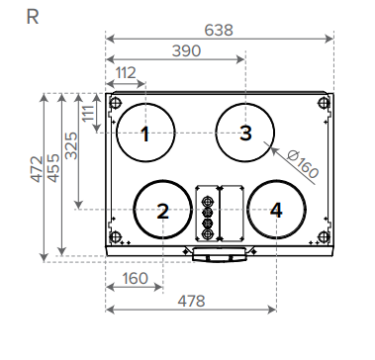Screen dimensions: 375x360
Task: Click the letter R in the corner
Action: coord(33,17)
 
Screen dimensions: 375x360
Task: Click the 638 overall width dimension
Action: coord(219,31)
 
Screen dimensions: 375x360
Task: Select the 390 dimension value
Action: coord(186,51)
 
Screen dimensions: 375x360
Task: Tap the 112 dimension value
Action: coord(126,73)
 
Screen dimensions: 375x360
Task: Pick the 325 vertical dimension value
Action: coord(71,145)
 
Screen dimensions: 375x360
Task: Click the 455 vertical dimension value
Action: coord(53,168)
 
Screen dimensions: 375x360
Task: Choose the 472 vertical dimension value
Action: coord(37,169)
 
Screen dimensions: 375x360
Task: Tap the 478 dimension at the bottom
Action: coord(191,301)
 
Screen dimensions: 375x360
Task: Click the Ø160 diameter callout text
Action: coord(303,164)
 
